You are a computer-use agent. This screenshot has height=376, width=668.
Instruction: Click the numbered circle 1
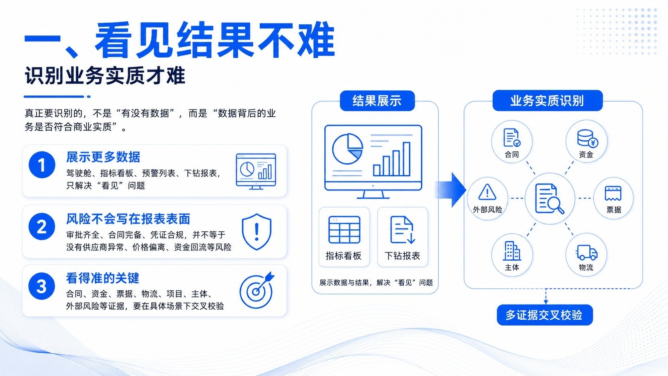tap(42, 165)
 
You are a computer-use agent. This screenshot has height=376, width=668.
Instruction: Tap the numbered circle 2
tap(42, 226)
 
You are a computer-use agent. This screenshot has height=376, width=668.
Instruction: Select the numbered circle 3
tap(42, 286)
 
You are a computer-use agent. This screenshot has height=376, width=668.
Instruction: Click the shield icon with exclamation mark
tap(256, 232)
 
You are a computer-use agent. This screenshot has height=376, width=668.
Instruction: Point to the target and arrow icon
tap(257, 290)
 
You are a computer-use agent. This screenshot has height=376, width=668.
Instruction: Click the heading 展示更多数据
tap(103, 157)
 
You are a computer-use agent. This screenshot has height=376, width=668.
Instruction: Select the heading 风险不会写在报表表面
tap(128, 219)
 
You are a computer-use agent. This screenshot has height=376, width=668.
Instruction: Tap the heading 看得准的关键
tap(103, 278)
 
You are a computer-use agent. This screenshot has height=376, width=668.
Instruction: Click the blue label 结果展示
tap(377, 101)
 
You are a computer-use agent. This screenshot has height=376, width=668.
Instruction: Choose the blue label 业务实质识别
tap(547, 100)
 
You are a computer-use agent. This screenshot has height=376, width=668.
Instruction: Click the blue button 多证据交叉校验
tap(545, 315)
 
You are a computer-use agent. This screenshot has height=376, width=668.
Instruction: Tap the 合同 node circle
tap(512, 141)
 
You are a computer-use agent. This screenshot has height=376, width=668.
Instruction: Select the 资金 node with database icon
tap(586, 141)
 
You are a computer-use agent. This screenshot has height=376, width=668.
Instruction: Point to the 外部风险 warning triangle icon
tap(487, 192)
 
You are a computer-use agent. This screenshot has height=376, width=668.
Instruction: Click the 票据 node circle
tap(613, 198)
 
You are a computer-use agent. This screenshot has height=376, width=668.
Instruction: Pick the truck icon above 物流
tap(586, 253)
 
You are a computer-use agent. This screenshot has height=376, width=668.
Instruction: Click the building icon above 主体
tap(512, 251)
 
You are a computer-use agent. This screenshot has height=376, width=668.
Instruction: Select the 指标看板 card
tap(344, 237)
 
